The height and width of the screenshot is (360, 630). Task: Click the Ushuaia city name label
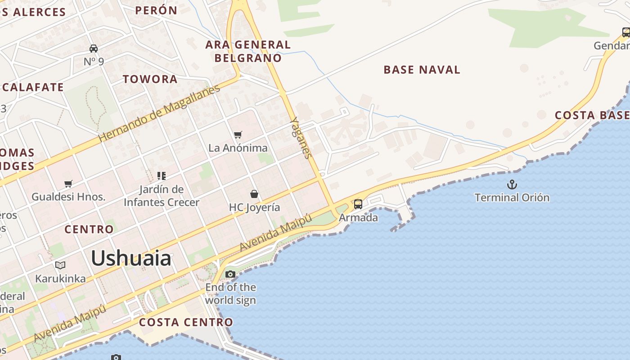point(131,258)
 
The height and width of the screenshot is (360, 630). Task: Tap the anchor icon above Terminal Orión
point(512,184)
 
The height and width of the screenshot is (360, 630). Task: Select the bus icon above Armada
point(358,204)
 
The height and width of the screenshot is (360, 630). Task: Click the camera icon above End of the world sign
point(230,274)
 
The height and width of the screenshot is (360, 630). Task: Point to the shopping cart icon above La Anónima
point(238,135)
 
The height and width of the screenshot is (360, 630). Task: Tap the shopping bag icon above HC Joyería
point(254,194)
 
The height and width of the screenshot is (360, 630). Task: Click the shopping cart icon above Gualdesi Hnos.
point(68,184)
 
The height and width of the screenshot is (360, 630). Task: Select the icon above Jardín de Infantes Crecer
point(161,176)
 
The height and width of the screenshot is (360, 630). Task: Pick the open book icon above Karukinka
point(60,265)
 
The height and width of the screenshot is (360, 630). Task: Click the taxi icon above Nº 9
point(94,48)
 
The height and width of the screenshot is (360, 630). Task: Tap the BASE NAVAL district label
point(422,70)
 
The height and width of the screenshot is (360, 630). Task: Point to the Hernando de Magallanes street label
point(159,113)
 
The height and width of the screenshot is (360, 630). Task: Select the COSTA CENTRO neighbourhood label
point(186,322)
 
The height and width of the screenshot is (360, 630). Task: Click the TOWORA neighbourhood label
point(150,79)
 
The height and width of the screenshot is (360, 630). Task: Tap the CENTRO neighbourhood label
point(89,229)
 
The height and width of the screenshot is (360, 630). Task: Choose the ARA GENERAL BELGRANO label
point(248,51)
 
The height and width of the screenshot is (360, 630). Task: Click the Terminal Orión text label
point(512,198)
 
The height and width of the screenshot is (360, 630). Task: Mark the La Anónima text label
point(238,148)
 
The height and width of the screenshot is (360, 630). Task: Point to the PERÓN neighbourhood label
point(156,10)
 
